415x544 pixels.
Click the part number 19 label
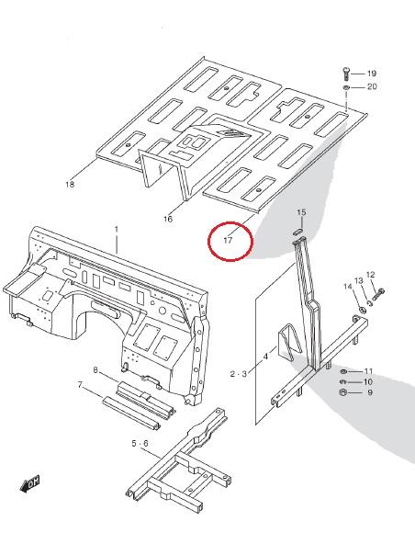point(372,74)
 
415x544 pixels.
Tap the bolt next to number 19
point(346,74)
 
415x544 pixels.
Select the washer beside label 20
point(347,87)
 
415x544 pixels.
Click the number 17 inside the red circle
point(228,240)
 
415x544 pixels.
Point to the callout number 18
point(70,184)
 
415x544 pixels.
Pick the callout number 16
point(168,219)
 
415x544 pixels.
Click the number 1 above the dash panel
point(117,230)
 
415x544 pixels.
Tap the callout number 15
point(302,212)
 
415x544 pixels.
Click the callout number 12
point(371,275)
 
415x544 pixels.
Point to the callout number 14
point(348,287)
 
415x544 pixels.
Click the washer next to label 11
point(343,371)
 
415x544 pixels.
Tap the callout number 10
point(368,382)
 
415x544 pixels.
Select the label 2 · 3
point(239,374)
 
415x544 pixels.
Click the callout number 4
point(266,357)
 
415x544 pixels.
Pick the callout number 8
point(95,370)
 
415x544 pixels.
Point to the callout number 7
point(80,385)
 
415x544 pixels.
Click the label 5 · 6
point(140,444)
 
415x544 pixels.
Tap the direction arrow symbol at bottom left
point(29,483)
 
